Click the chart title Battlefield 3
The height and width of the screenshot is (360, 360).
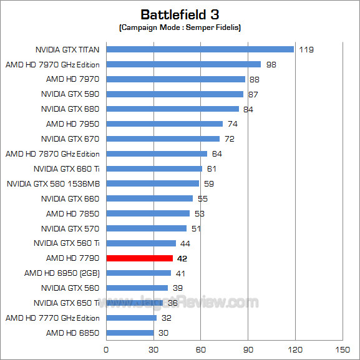[180, 14]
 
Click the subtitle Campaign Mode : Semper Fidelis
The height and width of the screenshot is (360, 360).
[180, 28]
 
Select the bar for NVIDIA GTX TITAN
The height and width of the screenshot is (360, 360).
[200, 49]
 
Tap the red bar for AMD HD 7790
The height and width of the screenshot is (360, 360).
[139, 258]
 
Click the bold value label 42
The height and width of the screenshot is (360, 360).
[183, 258]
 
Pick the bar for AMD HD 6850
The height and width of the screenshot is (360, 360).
[130, 333]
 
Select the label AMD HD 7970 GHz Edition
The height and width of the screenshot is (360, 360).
[52, 64]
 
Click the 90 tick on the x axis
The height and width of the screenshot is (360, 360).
[248, 349]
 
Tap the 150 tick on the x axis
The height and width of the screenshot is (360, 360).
[342, 349]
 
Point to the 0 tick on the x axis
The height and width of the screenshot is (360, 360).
[106, 349]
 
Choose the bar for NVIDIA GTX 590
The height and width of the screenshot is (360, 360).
[175, 94]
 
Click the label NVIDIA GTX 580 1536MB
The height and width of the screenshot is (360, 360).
[53, 183]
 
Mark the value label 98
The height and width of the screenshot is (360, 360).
[271, 64]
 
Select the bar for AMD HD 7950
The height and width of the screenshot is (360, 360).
[164, 124]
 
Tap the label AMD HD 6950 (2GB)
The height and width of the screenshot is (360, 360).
[62, 273]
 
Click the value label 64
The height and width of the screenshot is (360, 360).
[217, 154]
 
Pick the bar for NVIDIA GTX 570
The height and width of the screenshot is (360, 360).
[146, 228]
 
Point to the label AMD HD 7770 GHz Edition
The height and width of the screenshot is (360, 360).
[52, 318]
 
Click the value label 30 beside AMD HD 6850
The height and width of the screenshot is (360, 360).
[164, 333]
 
